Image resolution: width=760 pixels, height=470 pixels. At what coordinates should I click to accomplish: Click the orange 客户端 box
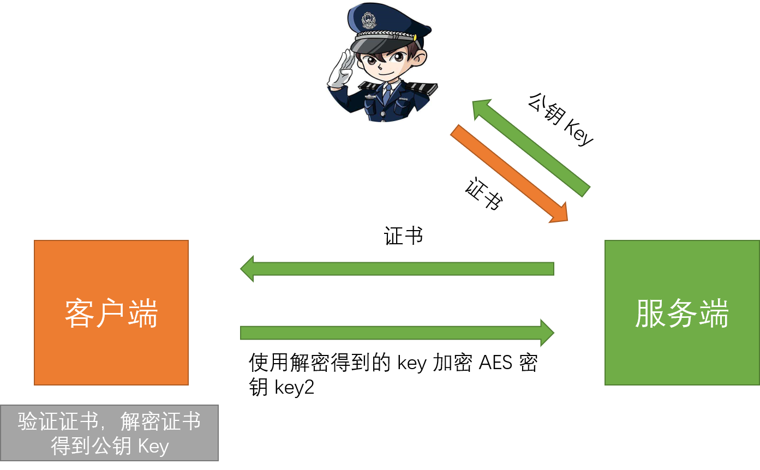pyautogui.click(x=111, y=312)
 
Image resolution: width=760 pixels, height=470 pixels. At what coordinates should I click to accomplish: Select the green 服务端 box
pyautogui.click(x=682, y=312)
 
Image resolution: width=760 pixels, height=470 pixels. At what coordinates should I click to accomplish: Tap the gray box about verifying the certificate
pyautogui.click(x=109, y=433)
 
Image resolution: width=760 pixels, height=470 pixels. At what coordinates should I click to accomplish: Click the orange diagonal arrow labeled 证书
pyautogui.click(x=509, y=173)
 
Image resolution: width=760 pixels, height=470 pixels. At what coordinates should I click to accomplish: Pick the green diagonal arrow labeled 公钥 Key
pyautogui.click(x=531, y=148)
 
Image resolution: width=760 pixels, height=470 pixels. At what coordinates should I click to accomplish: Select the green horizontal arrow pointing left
pyautogui.click(x=397, y=269)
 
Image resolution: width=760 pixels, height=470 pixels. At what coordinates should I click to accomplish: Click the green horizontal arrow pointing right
pyautogui.click(x=397, y=333)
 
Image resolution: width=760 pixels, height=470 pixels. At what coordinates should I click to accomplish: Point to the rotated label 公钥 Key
pyautogui.click(x=560, y=119)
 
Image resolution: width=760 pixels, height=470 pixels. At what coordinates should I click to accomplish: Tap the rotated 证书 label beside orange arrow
pyautogui.click(x=484, y=194)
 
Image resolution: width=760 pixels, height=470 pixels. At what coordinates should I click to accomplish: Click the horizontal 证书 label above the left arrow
pyautogui.click(x=403, y=236)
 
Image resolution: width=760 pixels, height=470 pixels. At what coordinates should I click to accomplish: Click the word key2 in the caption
pyautogui.click(x=295, y=387)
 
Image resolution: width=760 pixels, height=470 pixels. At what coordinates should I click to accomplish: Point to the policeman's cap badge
pyautogui.click(x=368, y=20)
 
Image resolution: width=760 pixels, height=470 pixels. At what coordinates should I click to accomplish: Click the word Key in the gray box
pyautogui.click(x=153, y=446)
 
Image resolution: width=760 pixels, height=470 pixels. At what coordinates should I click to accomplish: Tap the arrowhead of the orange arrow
pyautogui.click(x=559, y=213)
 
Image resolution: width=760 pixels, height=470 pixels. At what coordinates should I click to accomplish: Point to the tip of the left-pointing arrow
pyautogui.click(x=240, y=269)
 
